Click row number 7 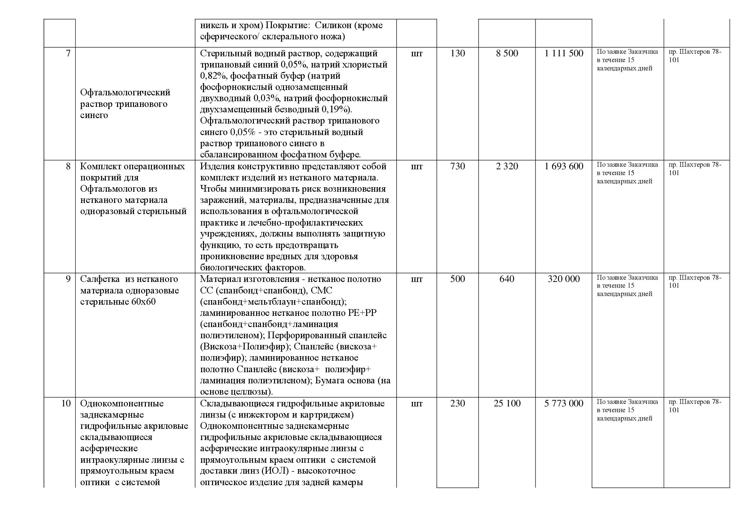pos(68,53)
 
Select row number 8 pos(68,166)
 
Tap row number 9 pos(68,279)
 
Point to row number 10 pos(66,404)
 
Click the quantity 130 pos(457,53)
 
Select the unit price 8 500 pos(507,53)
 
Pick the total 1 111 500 pos(563,53)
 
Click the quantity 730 pos(457,166)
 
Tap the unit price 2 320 pos(507,166)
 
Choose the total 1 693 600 pos(563,166)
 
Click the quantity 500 pos(457,279)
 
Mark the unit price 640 pos(507,279)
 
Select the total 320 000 pos(563,279)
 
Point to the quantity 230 pos(457,404)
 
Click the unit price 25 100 pos(507,404)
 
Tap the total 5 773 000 pos(563,404)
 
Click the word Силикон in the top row pos(333,25)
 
